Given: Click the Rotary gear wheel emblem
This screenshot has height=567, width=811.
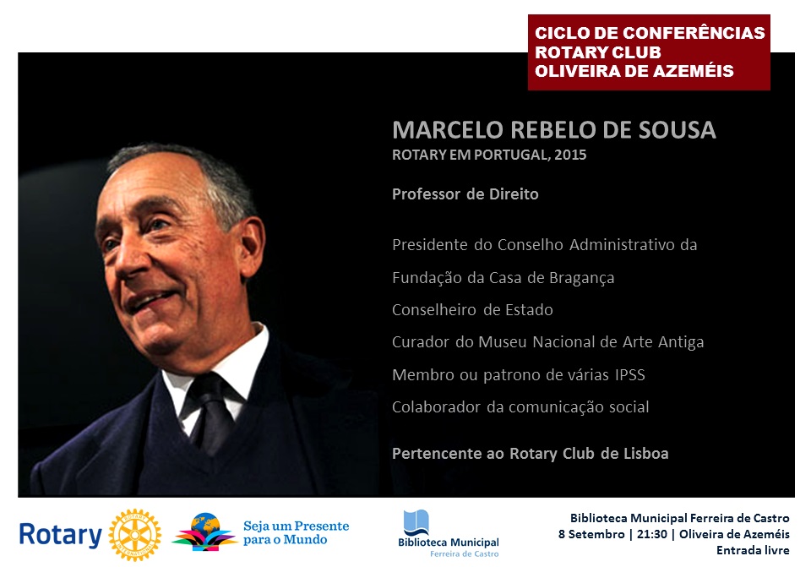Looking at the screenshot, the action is [135, 535].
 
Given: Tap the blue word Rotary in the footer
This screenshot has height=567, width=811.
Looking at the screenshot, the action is [61, 536].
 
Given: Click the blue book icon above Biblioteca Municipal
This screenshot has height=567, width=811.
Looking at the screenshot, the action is [416, 522].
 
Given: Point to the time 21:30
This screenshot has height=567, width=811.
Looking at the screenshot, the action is [651, 534].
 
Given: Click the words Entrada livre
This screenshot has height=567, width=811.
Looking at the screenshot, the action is [753, 550].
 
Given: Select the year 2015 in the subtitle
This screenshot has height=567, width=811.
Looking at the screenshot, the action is [570, 155].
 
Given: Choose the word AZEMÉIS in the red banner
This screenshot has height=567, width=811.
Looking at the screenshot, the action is [693, 70].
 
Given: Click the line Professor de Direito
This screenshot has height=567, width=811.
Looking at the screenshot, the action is [465, 194].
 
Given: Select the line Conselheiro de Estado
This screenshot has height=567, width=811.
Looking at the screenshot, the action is [472, 310].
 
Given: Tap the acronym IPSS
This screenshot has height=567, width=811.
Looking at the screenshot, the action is [630, 374].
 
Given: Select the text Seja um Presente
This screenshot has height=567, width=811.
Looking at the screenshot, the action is [297, 526].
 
